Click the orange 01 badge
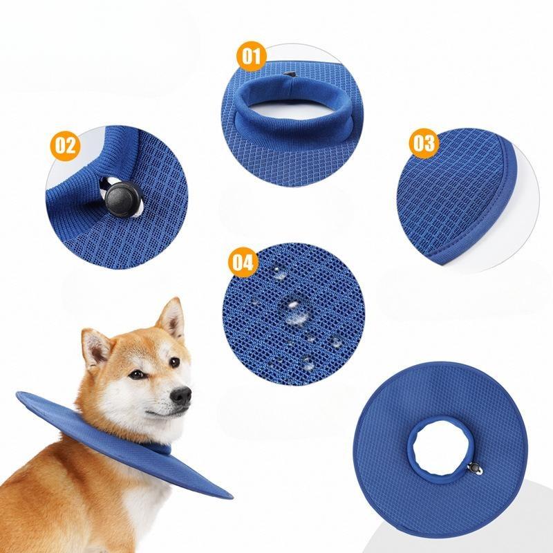coord(251,56)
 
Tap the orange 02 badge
coord(65,146)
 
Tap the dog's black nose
coord(180,395)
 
